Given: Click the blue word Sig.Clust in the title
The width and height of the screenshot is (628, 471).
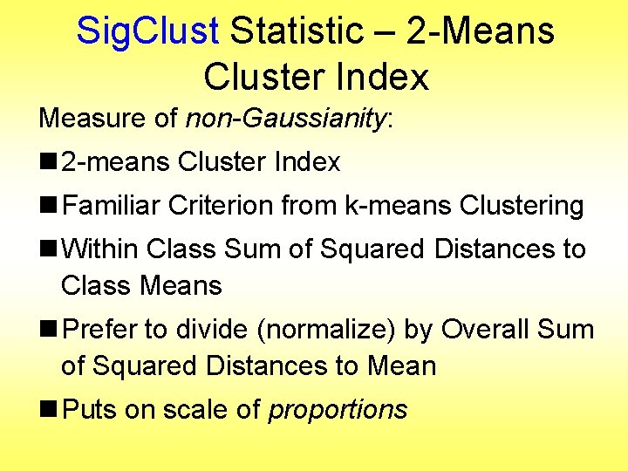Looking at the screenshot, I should (x=147, y=31).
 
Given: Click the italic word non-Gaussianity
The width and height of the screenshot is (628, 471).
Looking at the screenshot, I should (x=286, y=119).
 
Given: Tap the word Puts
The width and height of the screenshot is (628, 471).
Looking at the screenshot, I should (x=90, y=409).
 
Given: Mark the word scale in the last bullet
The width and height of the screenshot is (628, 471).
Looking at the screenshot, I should (x=199, y=409).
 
